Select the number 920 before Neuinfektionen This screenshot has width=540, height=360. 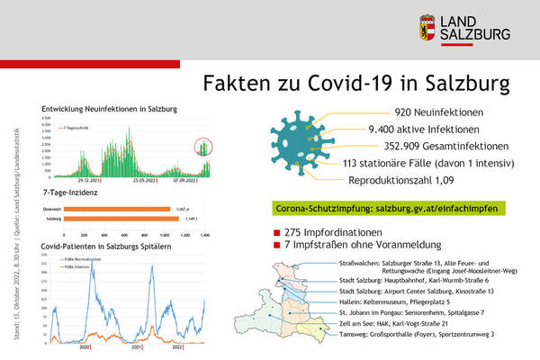[x=407, y=113]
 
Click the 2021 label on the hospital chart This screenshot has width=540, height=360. [x=136, y=346]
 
